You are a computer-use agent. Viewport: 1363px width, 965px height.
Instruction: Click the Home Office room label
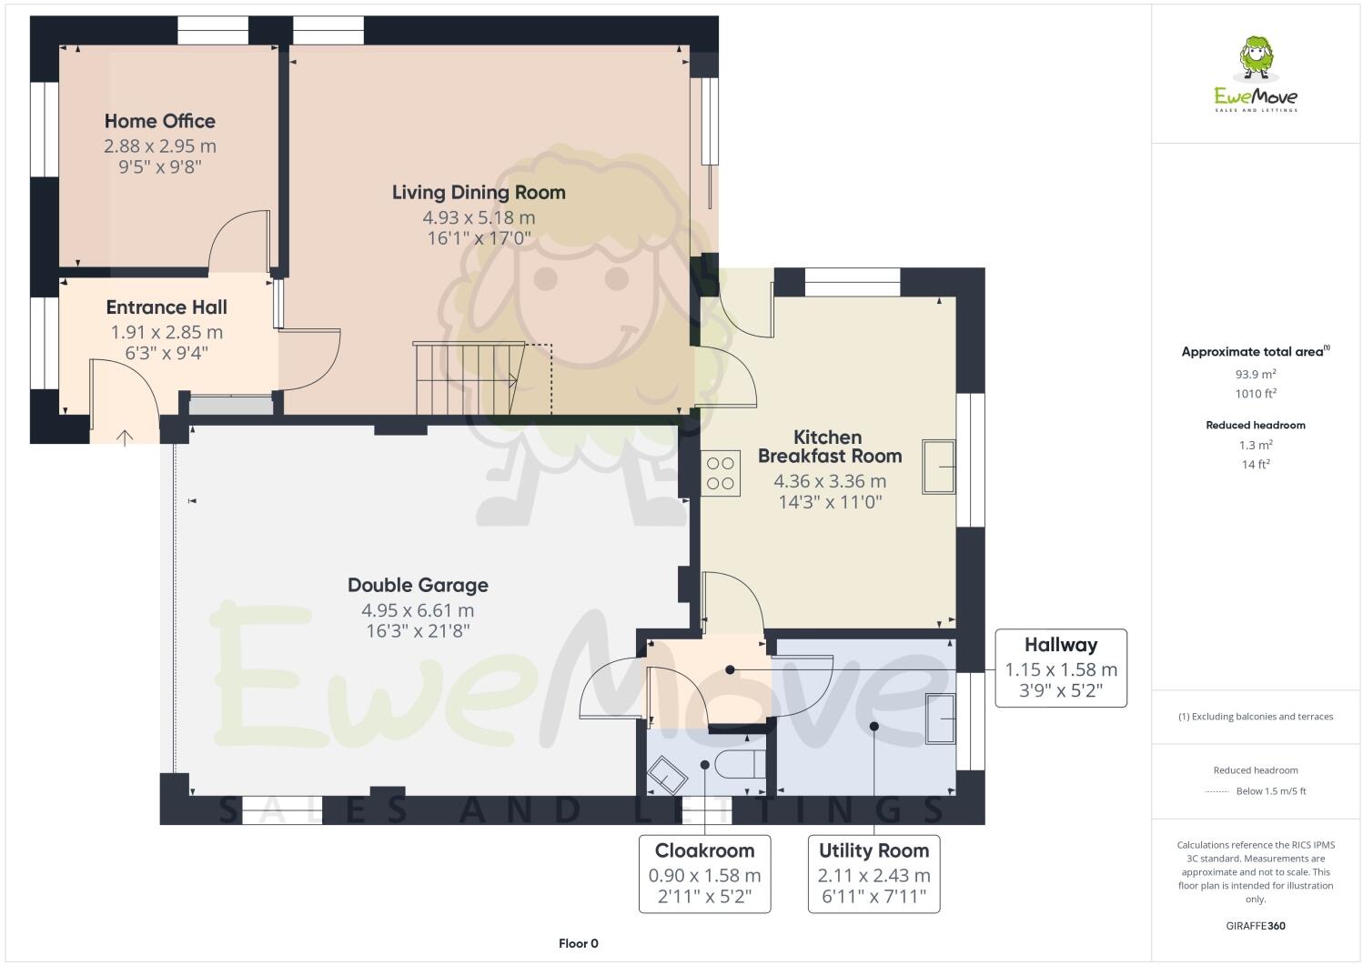pos(159,121)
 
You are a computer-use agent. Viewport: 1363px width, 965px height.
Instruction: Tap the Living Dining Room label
pos(479,192)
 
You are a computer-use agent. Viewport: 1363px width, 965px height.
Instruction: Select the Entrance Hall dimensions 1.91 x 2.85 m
pos(167,333)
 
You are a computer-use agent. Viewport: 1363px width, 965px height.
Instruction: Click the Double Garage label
pos(418,585)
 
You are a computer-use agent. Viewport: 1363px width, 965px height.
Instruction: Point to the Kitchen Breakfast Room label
pos(829,447)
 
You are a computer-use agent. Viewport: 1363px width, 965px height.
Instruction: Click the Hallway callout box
pos(1061,668)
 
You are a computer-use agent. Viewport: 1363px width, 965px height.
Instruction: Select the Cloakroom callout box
pos(704,873)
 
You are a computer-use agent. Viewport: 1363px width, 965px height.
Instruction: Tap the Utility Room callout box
pos(873,873)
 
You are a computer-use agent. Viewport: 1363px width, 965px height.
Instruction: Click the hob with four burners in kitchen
pos(721,474)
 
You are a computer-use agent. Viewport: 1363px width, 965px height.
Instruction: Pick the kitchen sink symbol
pos(938,466)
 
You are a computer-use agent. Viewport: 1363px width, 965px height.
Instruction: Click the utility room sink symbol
pos(940,718)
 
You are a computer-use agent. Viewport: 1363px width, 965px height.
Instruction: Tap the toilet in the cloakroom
pos(740,764)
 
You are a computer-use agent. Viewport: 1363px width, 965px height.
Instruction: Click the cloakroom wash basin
pos(667,774)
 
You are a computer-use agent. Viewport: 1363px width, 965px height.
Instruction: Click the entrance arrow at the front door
pos(125,437)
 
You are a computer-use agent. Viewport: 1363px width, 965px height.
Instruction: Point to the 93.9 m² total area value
pos(1256,374)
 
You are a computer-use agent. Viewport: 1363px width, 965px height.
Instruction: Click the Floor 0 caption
pos(578,943)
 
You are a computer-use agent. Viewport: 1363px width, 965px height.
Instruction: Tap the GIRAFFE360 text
pos(1256,926)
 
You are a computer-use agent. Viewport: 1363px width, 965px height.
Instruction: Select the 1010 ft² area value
pos(1256,394)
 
